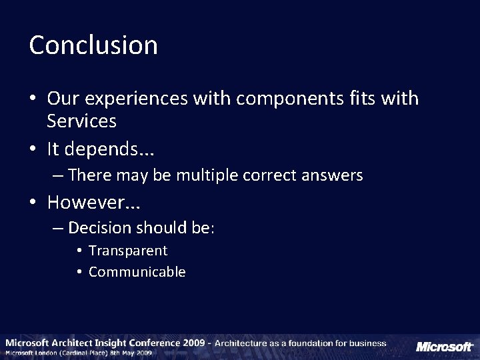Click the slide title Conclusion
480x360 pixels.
click(x=93, y=45)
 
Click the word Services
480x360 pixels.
click(x=82, y=121)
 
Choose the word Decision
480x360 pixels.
click(x=99, y=228)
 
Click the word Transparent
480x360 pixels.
click(x=128, y=251)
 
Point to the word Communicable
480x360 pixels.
click(x=137, y=272)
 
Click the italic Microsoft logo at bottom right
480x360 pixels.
click(x=444, y=347)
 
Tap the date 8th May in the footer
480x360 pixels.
click(x=131, y=353)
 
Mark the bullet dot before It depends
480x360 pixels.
click(x=33, y=149)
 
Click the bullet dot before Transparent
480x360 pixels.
click(x=79, y=251)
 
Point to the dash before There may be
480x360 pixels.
click(x=59, y=176)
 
